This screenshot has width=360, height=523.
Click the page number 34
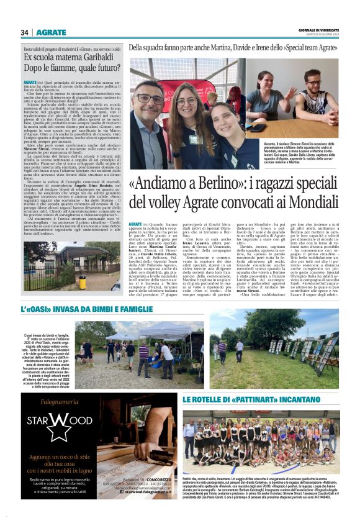tap(24, 32)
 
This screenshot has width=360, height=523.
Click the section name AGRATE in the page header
tap(52, 32)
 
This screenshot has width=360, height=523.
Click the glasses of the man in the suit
tap(148, 99)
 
